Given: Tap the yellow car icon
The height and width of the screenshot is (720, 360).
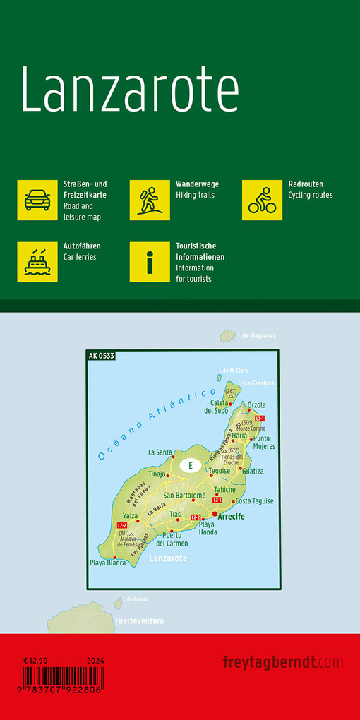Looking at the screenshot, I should (x=37, y=200).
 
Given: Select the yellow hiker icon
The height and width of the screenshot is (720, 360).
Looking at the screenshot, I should (x=150, y=200).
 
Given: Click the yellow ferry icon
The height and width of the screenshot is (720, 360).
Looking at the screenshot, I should (x=37, y=261).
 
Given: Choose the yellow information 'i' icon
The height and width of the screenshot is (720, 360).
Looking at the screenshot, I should (x=150, y=261).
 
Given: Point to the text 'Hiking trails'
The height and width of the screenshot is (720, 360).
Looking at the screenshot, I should (x=195, y=195).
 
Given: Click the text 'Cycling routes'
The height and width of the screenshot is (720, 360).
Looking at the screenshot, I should (x=311, y=195).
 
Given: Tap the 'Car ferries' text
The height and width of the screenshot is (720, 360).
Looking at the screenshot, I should (x=80, y=257).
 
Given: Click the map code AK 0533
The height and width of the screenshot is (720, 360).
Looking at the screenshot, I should (x=102, y=355).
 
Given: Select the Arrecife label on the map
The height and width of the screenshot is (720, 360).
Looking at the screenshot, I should (x=232, y=517).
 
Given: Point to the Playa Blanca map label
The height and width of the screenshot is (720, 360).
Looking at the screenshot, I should (x=107, y=563).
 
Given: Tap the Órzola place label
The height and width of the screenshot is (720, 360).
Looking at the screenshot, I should (x=257, y=405).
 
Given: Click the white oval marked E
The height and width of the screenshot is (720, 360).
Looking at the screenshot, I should (x=188, y=465).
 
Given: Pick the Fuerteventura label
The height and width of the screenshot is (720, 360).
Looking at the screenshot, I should (x=140, y=621).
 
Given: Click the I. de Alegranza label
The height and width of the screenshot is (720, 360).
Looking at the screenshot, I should (x=257, y=335).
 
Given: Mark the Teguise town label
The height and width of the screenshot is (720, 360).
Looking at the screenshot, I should (x=220, y=471).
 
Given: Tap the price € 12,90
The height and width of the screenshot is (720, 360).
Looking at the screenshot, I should (x=35, y=660).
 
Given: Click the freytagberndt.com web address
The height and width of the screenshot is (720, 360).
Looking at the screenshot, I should (x=283, y=662).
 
